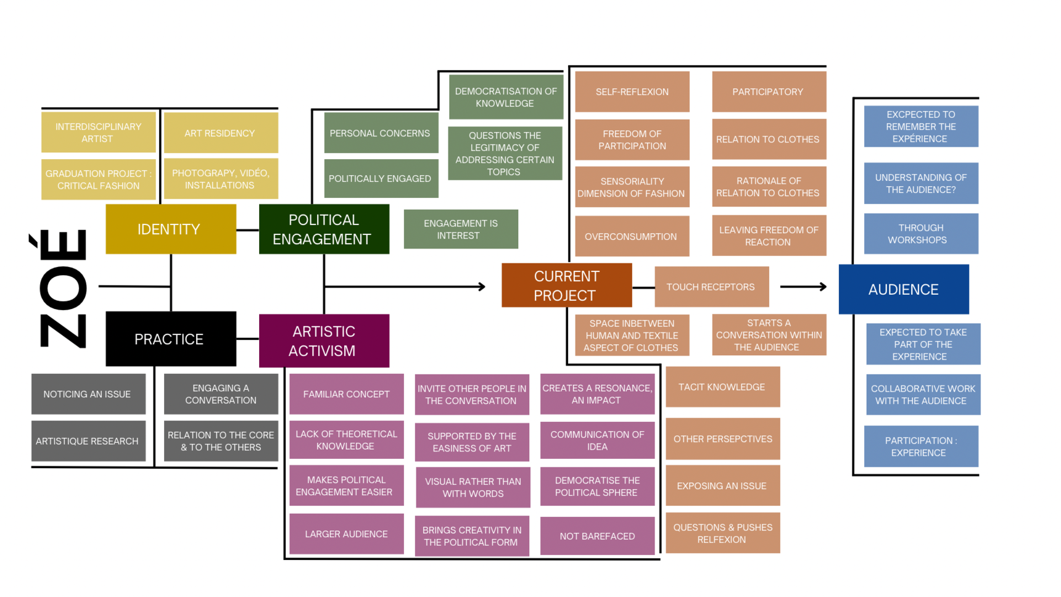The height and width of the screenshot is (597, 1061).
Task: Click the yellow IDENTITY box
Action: pos(170,229)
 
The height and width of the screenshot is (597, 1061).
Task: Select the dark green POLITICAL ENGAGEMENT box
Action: pos(324,229)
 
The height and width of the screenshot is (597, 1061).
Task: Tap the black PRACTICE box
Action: pos(170,339)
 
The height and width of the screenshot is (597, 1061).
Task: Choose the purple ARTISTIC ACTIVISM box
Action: pos(324,340)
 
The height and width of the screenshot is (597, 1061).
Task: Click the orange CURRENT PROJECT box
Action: pos(566,285)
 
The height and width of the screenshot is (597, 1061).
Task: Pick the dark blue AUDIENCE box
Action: pos(903,289)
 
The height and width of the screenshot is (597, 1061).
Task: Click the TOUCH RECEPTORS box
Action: pos(711,287)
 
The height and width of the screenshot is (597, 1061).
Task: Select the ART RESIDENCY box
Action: pos(220,133)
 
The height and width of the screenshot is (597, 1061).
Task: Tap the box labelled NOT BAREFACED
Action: pos(597,536)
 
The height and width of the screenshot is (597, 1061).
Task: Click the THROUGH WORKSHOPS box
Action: pos(920,234)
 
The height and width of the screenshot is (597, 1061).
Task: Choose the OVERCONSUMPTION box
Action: pos(632,236)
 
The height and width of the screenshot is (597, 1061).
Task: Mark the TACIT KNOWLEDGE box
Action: pos(722,387)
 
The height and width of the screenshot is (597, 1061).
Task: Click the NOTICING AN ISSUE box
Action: pos(88,393)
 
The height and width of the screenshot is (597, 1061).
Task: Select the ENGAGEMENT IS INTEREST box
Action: pos(460,229)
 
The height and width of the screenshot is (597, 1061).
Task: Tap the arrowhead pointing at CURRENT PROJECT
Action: pos(482,286)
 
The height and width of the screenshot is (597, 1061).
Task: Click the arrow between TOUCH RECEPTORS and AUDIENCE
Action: pos(803,286)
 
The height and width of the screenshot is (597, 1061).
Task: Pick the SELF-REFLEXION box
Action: pos(632,91)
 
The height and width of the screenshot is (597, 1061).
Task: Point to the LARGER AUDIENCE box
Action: pos(346,533)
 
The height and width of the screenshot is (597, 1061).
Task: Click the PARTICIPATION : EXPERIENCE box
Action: pos(920,446)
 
